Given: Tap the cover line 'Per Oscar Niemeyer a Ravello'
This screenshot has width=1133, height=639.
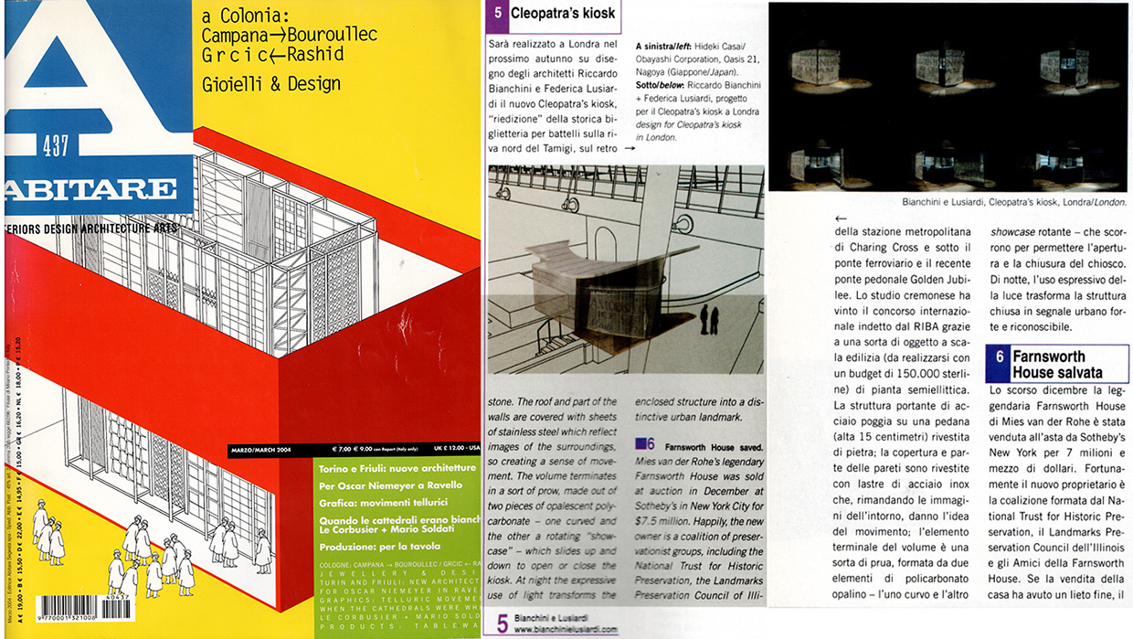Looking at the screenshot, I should click(x=392, y=485).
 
